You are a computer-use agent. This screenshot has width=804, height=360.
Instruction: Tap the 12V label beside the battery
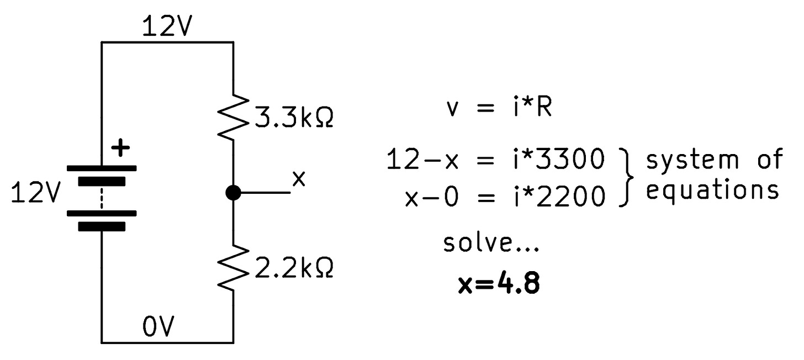(34, 194)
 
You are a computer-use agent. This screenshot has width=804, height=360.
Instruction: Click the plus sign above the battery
(120, 148)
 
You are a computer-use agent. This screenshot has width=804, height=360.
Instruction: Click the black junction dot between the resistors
(233, 193)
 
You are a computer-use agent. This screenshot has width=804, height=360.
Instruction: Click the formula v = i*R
(499, 108)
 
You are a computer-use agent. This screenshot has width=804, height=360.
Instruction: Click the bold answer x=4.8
(499, 285)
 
